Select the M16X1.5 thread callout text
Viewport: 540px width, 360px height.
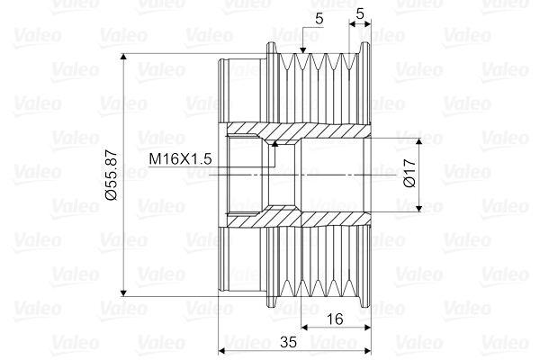tap(180, 159)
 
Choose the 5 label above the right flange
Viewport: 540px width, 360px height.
tap(360, 13)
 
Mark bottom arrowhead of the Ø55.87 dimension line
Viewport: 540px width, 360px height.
tap(125, 292)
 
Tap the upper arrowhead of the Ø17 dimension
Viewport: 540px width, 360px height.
tap(418, 140)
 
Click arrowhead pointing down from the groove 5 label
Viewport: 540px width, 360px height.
tap(302, 50)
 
